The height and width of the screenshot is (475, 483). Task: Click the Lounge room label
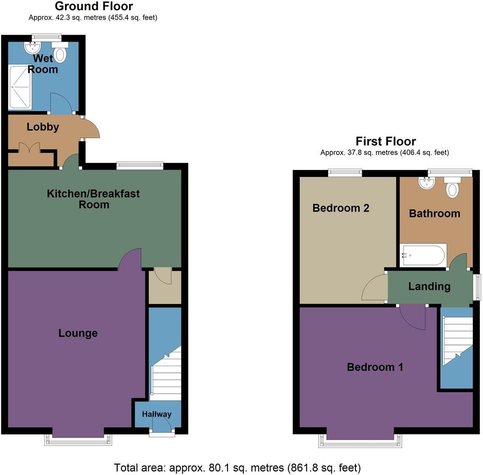click(x=78, y=333)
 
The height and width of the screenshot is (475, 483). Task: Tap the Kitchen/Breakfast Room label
click(x=94, y=199)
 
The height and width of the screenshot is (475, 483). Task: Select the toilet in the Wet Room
click(x=60, y=53)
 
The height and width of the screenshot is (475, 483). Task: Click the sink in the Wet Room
click(x=33, y=47)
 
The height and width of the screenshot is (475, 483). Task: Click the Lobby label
click(x=43, y=127)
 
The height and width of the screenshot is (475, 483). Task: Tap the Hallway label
click(x=157, y=414)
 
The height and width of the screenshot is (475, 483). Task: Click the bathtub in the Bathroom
click(x=423, y=255)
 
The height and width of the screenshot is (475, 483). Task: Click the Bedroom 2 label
click(x=341, y=208)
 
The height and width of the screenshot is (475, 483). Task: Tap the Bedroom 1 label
click(x=375, y=367)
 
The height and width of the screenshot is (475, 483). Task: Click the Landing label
click(x=429, y=287)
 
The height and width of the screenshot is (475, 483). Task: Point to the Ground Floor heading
click(x=94, y=6)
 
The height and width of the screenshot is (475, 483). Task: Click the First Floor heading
click(x=386, y=142)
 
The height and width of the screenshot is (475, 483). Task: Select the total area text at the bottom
click(x=237, y=468)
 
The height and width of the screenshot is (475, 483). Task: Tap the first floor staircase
click(x=457, y=341)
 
